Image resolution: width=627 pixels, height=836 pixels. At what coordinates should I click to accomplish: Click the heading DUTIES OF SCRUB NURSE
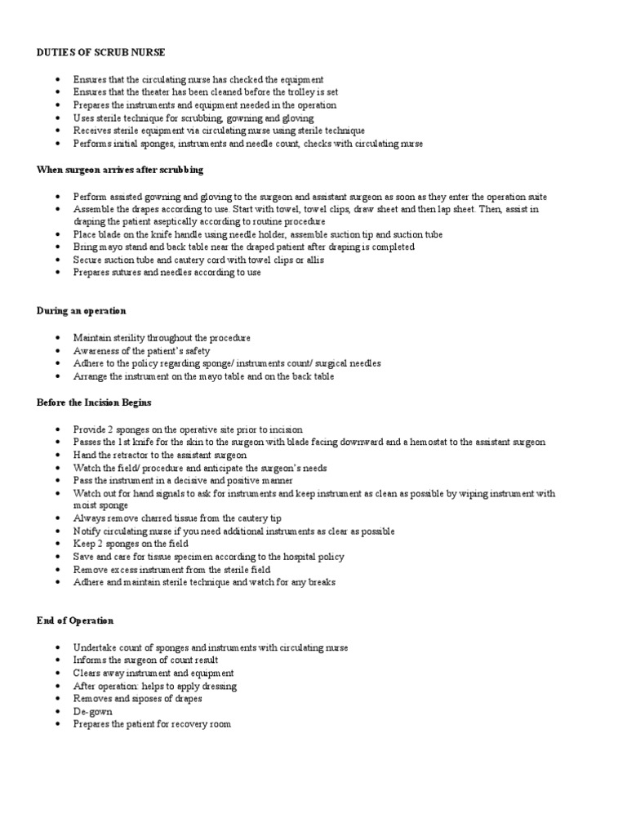pyautogui.click(x=100, y=52)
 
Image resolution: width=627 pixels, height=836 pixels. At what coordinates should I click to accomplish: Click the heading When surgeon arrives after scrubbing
pyautogui.click(x=120, y=170)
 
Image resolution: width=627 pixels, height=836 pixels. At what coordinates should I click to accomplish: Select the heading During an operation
pyautogui.click(x=82, y=311)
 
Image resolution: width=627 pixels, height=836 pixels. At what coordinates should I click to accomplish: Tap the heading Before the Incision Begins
pyautogui.click(x=94, y=402)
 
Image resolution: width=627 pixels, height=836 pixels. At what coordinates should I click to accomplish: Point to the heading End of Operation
pyautogui.click(x=75, y=620)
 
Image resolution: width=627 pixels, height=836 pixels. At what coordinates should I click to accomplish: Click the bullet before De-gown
pyautogui.click(x=58, y=711)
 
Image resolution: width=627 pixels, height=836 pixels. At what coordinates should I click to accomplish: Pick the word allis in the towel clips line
pyautogui.click(x=313, y=260)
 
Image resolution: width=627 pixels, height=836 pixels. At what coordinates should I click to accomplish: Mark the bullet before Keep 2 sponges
pyautogui.click(x=58, y=544)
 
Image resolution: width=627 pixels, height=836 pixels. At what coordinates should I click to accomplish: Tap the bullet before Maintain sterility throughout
pyautogui.click(x=58, y=337)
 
